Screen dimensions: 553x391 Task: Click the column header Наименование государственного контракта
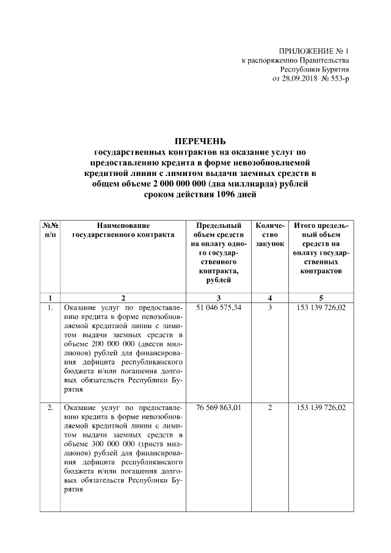coord(123,230)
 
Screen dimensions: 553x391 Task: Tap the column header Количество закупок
coord(269,235)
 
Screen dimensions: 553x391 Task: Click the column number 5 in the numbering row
coord(321,298)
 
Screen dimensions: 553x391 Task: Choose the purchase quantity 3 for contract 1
coord(269,307)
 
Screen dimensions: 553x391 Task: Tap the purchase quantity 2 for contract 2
coord(269,407)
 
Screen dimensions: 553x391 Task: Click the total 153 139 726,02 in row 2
coord(321,407)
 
